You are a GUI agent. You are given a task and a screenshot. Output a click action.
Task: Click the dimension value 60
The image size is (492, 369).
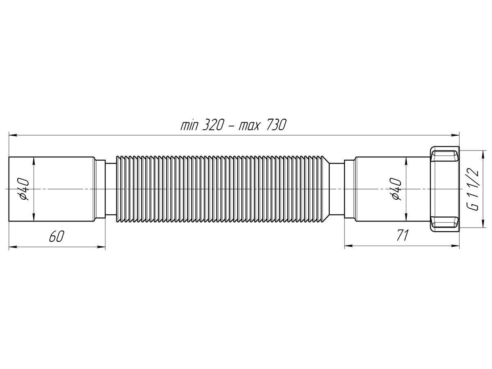point(56,237)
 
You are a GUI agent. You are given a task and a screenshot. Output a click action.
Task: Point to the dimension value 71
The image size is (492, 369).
point(403,235)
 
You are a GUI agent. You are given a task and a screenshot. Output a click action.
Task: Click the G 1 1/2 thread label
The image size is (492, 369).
point(474,189)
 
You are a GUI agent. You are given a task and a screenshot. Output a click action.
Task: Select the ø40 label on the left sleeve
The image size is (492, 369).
point(24,189)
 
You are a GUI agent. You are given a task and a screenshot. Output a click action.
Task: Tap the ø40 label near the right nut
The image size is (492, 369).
point(396,189)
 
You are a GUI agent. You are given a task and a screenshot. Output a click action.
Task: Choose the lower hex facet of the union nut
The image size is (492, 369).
point(445,222)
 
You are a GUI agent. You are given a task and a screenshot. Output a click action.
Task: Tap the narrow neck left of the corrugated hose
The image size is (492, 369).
point(111,189)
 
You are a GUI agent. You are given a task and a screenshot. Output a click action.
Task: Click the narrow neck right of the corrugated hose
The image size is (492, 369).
point(337,189)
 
